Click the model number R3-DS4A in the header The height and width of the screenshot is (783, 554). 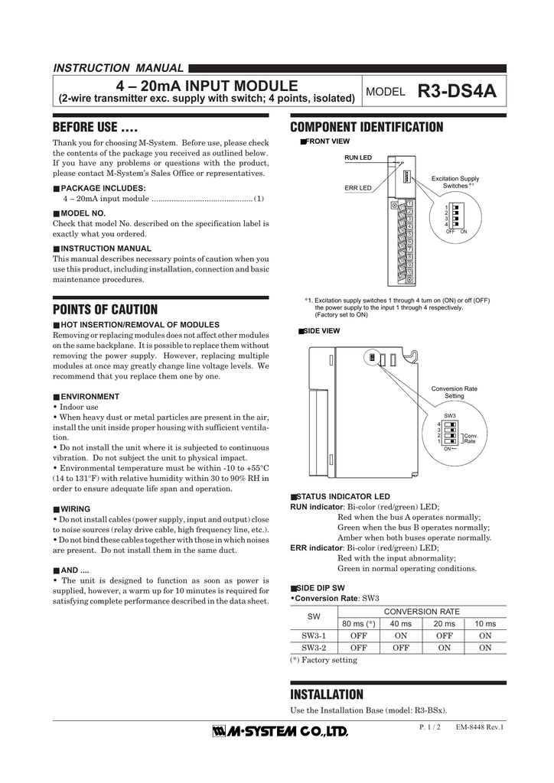458,92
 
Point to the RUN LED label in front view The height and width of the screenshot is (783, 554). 357,158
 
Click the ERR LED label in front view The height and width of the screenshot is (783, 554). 357,188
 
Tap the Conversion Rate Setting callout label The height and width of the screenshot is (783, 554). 454,392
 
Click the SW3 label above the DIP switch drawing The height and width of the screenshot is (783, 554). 450,415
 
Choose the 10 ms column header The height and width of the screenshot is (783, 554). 485,624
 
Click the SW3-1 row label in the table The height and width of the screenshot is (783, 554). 314,635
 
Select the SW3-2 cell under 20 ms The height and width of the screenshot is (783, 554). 443,648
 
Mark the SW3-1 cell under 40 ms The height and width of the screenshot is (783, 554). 400,635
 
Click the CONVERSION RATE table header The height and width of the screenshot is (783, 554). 422,612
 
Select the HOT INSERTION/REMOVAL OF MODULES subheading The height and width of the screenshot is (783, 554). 140,325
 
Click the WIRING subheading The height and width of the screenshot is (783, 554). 75,508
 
